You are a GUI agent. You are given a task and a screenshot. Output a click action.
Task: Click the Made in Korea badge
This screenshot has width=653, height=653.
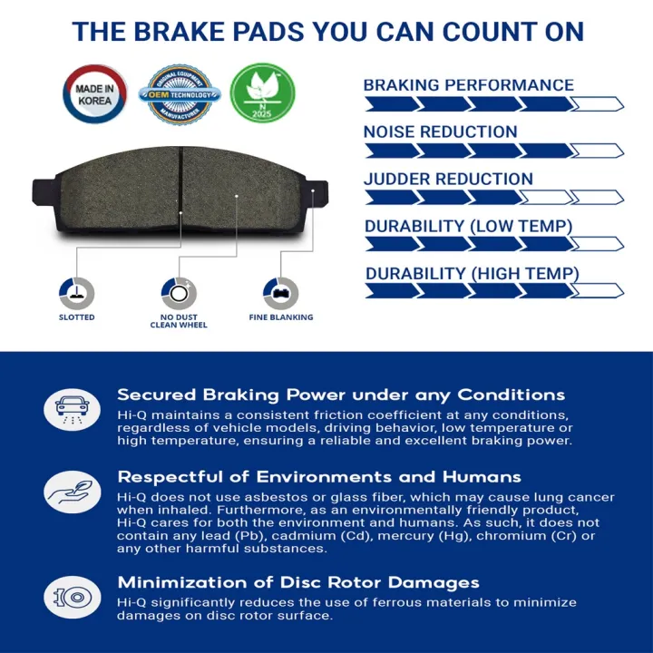tap(94, 94)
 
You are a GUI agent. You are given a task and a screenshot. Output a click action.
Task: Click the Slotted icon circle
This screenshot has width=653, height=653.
tap(76, 292)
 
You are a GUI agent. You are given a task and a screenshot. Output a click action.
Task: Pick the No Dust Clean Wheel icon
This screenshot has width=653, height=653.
tap(179, 292)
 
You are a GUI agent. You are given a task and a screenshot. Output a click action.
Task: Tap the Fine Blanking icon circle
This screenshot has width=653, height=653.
tap(280, 292)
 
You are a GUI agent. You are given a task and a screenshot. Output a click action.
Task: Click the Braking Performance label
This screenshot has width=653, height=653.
tap(468, 85)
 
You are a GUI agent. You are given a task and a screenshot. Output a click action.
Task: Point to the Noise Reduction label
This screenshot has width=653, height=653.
tap(440, 132)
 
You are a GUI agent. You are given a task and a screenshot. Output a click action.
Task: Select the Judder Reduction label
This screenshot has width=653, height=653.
tap(448, 179)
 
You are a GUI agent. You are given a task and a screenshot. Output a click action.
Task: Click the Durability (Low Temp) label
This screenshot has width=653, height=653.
tap(468, 226)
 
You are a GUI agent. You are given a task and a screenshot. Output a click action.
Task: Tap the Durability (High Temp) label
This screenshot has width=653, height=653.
tap(472, 273)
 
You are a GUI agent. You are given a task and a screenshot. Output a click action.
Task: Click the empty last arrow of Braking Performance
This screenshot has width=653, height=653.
tap(599, 103)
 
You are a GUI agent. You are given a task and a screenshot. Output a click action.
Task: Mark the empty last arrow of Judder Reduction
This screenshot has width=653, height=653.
tap(599, 197)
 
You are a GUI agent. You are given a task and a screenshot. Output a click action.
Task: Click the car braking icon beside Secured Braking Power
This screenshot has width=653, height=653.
tap(73, 407)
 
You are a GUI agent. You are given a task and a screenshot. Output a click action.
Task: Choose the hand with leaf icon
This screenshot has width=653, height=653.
tap(73, 490)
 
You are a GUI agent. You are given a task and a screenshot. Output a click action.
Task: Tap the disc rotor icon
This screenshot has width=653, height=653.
tap(73, 596)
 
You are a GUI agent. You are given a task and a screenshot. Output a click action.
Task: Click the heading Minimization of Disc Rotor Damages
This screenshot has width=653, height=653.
tap(298, 582)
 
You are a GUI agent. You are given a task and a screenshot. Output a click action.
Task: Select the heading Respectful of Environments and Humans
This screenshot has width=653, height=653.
tap(319, 476)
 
